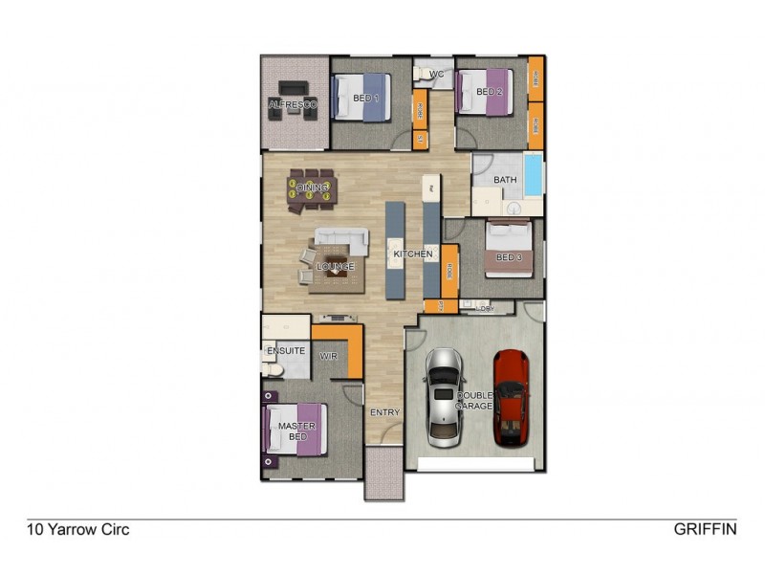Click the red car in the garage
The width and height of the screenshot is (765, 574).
point(512,397)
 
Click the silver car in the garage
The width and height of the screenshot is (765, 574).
point(443,397)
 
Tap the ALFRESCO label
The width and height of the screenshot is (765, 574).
point(293,104)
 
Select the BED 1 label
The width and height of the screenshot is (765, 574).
point(366,99)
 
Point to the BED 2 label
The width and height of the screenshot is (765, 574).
point(490,92)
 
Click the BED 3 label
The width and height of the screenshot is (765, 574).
point(509,256)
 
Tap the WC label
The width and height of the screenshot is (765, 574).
point(436,74)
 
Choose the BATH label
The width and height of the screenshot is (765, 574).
point(505,180)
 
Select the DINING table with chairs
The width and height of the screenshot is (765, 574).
point(313,188)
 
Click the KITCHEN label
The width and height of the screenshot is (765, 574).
point(413,254)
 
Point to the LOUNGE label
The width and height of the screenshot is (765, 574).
point(336,266)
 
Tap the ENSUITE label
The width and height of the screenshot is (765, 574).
point(286,351)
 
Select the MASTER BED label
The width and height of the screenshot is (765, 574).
point(296,431)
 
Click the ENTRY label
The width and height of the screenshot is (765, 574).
point(384,413)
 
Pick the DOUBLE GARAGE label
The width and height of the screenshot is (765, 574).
point(474,401)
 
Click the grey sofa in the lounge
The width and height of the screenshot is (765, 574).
point(341,238)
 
